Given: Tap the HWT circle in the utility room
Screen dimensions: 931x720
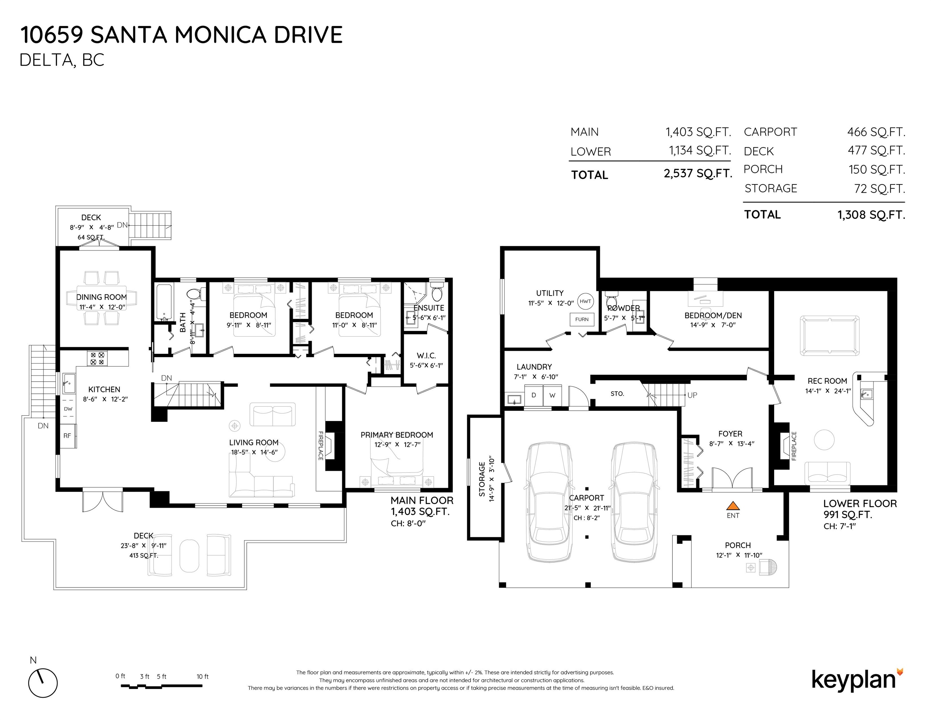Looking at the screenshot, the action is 586,301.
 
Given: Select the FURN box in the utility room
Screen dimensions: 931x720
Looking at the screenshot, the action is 582,319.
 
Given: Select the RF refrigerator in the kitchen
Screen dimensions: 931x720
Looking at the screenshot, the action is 68,436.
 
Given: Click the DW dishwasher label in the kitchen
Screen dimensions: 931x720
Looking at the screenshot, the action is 68,409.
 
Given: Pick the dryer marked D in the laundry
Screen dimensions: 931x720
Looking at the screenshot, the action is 533,395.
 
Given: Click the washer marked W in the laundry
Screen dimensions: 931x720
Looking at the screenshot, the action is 552,395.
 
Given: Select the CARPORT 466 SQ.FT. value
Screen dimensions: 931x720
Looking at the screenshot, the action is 876,132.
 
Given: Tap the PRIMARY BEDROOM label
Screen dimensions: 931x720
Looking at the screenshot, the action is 396,435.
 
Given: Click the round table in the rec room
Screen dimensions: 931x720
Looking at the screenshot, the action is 825,439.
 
